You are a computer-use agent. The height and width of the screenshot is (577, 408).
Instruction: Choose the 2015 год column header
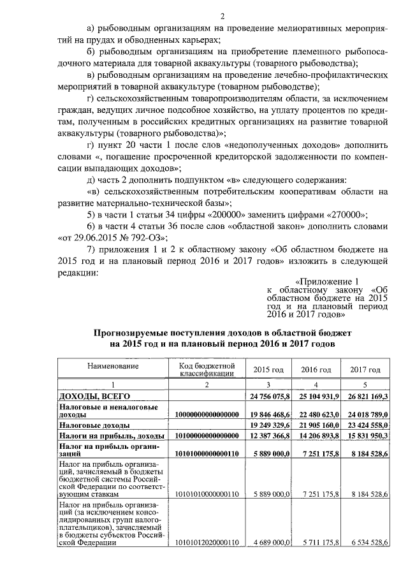(x=268, y=370)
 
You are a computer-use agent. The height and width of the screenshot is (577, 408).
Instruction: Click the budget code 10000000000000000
(x=207, y=414)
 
